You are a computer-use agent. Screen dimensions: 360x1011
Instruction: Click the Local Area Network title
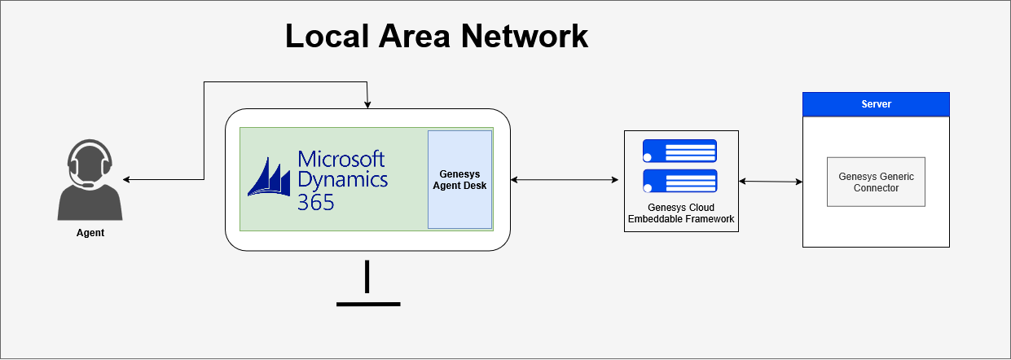pos(436,37)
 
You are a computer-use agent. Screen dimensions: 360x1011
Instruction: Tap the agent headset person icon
pos(90,181)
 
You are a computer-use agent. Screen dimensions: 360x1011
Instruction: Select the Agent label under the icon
pos(90,233)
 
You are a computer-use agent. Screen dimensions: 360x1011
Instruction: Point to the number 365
pos(315,201)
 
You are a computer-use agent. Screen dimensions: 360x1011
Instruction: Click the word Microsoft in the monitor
pos(341,158)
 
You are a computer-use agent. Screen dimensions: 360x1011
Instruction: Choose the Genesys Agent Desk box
pos(460,179)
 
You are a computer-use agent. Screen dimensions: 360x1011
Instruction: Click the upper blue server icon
pos(679,151)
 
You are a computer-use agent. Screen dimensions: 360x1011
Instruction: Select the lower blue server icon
pos(679,181)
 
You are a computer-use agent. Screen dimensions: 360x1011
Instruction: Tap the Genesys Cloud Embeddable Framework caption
pos(681,213)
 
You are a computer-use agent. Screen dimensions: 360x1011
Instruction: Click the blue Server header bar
pos(876,104)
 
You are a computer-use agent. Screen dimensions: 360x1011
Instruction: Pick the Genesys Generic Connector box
pos(876,182)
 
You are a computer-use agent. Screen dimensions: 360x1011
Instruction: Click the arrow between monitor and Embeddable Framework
pos(565,179)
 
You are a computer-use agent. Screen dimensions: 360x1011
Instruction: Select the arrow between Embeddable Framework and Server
pos(771,182)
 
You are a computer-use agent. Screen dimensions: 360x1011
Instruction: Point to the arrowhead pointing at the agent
pos(127,179)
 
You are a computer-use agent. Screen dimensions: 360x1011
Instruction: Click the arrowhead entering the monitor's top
pos(368,104)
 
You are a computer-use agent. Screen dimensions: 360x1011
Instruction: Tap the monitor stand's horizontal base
pos(368,304)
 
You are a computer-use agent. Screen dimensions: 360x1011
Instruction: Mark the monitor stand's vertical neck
pos(368,276)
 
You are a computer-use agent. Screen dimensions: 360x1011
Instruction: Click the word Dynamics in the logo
pos(343,178)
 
